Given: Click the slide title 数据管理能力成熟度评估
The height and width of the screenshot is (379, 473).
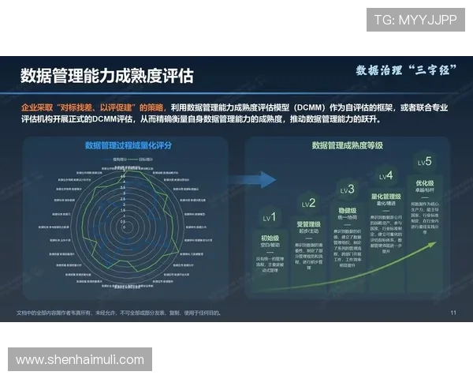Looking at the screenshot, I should [x=106, y=76].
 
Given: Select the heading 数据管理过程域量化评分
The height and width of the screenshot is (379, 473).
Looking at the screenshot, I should [x=128, y=145].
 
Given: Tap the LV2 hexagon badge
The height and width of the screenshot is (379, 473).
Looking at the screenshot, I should [x=308, y=204].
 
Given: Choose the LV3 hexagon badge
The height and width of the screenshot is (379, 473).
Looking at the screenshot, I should [x=347, y=189].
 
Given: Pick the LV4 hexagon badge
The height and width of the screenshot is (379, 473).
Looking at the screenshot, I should [x=385, y=176].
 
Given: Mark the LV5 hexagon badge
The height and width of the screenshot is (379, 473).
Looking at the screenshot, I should [x=424, y=163].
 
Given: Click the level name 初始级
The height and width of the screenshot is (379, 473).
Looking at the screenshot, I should [x=270, y=237].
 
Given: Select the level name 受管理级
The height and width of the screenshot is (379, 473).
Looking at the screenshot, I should [x=308, y=224].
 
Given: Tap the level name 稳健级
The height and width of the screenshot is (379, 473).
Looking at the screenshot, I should [x=347, y=211].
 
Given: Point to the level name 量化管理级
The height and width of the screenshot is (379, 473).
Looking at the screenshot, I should [x=385, y=197].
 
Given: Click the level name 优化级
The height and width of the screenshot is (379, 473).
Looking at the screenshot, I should [x=424, y=183].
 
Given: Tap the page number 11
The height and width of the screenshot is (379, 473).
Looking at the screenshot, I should [x=453, y=313].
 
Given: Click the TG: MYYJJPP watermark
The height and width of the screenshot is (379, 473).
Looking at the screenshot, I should [x=415, y=20].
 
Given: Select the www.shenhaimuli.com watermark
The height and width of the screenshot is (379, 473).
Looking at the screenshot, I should [x=80, y=360].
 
